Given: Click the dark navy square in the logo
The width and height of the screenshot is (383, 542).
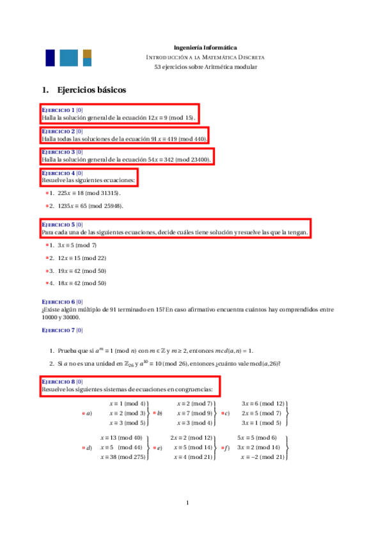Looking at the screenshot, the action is tap(50, 58).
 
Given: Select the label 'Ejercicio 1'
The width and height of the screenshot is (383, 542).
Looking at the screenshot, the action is tap(58, 110).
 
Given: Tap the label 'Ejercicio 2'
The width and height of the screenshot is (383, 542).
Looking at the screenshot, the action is tap(58, 131).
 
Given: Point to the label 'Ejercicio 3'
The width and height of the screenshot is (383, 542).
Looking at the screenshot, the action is tap(58, 152).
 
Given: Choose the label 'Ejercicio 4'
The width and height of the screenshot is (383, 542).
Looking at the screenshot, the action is tap(58, 173).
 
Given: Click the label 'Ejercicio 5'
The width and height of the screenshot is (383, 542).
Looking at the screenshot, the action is tap(58, 225).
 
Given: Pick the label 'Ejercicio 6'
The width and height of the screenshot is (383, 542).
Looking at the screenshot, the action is tap(58, 302).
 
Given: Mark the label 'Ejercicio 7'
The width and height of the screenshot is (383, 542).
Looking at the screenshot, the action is tap(58, 330).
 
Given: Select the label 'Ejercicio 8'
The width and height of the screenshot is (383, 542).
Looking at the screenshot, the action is tap(58, 382).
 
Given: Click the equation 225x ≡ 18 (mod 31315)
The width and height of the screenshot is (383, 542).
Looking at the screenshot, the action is tap(88, 192).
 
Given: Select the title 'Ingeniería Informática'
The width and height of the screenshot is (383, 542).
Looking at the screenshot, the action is tap(205, 47).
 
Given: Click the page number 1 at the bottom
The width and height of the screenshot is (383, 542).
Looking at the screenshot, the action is tap(187, 503).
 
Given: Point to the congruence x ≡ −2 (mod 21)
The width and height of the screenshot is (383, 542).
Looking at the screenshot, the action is tap(261, 457).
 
